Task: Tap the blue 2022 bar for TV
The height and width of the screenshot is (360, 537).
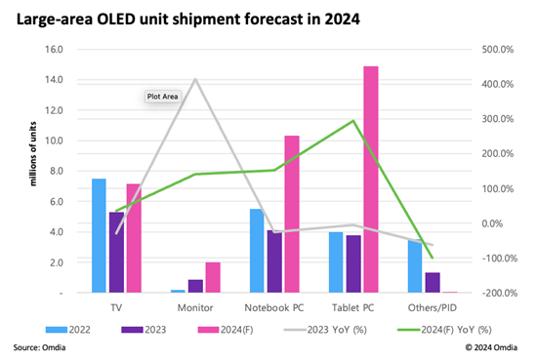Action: pos(99,235)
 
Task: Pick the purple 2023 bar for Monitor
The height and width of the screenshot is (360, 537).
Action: pos(195,286)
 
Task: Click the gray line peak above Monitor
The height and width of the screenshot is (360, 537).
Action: pos(195,79)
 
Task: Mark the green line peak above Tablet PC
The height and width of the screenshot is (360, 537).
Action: pos(352,121)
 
